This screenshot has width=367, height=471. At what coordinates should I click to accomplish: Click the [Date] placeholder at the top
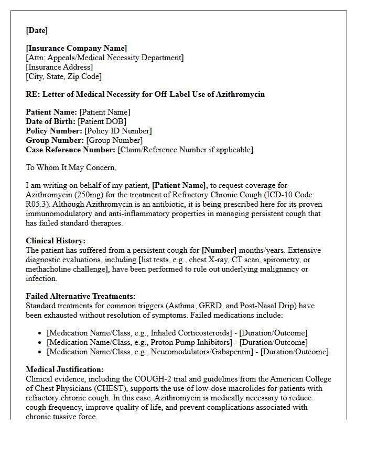(37, 30)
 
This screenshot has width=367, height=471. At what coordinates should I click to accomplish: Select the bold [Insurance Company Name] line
(77, 48)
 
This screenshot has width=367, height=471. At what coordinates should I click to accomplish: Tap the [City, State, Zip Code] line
(63, 76)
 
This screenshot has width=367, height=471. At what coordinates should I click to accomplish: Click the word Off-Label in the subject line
(173, 94)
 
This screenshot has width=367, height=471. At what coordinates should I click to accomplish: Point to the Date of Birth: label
(51, 121)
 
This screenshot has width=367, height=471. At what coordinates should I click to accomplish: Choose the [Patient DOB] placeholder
(102, 121)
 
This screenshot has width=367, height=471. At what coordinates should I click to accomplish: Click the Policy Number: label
(54, 131)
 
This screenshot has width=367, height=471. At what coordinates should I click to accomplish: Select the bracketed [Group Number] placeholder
(114, 140)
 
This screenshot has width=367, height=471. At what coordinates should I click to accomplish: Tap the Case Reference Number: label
(71, 150)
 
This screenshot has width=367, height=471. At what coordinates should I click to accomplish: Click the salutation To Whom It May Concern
(71, 167)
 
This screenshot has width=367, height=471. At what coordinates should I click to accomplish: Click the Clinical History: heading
(56, 241)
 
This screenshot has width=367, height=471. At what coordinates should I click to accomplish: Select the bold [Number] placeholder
(219, 250)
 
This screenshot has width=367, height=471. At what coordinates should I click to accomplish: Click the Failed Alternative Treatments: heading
(81, 296)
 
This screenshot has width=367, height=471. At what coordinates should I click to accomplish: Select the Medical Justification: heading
(64, 369)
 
